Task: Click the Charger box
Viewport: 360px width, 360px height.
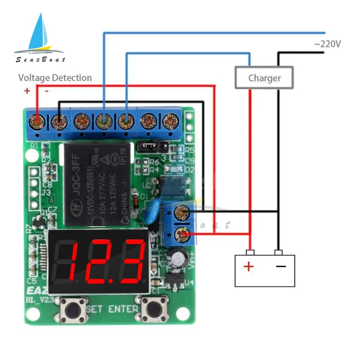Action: click(264, 78)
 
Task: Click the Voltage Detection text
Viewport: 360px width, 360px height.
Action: click(55, 78)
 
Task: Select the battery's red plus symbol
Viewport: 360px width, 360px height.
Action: click(248, 265)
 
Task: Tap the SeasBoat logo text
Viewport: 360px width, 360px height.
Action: click(40, 60)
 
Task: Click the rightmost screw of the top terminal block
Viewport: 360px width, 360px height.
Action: click(169, 120)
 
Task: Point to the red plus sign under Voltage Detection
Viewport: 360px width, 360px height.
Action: click(26, 91)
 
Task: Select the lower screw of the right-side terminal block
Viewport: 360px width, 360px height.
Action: click(182, 233)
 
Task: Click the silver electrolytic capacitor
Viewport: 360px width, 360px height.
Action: click(179, 258)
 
